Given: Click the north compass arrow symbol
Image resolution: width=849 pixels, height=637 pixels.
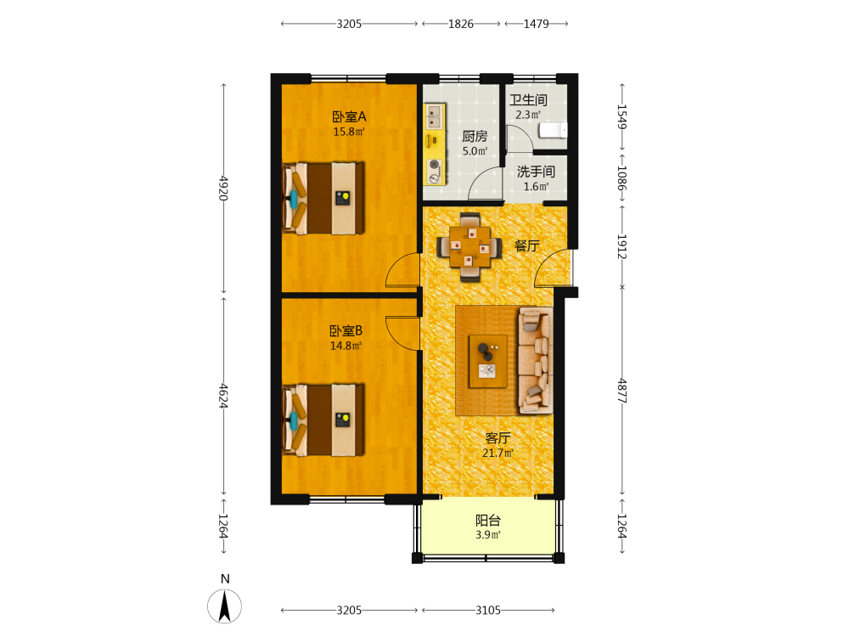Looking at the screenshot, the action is point(225,606).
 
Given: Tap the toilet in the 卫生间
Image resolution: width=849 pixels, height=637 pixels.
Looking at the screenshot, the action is point(553,131).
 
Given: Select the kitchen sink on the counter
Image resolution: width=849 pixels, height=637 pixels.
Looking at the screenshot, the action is point(434,117).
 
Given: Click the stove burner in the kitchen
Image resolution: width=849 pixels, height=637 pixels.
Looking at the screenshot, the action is point(434,171).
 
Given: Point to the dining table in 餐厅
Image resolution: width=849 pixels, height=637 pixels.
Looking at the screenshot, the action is point(469,247).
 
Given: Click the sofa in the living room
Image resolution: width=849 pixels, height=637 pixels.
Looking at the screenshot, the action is point(536,360).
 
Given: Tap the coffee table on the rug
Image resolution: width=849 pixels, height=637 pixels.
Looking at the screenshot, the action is point(488,361).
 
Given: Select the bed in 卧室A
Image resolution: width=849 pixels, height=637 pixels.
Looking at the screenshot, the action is point(323,199).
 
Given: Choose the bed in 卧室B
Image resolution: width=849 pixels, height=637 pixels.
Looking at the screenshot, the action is point(323,420).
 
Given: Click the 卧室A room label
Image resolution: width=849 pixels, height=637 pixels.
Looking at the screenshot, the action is point(349,116).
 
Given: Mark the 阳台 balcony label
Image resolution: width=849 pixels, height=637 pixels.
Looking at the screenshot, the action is point(488,521).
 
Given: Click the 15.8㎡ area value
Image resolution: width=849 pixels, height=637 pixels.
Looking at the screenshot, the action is point(349,132).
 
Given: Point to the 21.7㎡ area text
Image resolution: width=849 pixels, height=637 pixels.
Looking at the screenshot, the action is point(498,453).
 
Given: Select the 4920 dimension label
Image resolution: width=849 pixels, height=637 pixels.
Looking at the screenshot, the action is point(223,188).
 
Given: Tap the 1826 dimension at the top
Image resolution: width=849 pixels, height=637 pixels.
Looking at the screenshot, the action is point(461,24).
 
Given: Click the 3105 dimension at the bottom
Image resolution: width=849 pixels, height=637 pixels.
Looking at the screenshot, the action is point(488,611).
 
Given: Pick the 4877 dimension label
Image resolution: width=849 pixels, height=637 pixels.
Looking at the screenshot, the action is point(622,391).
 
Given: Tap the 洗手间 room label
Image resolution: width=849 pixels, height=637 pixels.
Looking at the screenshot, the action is point(536,172).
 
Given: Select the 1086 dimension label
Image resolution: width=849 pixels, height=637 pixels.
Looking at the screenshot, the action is point(622,178).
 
